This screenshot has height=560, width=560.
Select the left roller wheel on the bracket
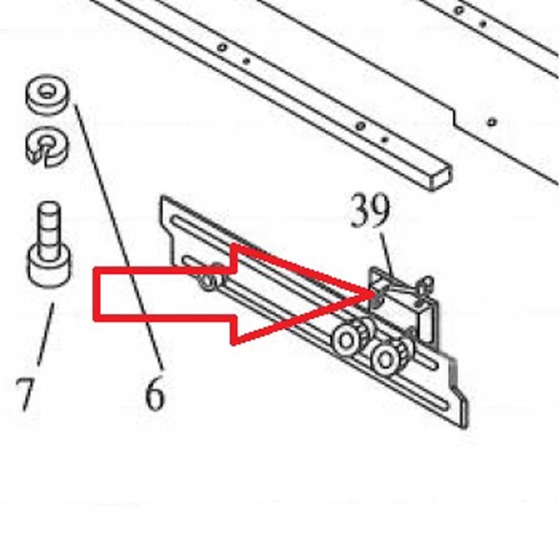(346, 341)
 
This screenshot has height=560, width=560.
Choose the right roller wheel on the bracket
(386, 358)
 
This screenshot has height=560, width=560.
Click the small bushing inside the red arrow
(210, 281)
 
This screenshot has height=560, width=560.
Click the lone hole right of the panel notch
(492, 122)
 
